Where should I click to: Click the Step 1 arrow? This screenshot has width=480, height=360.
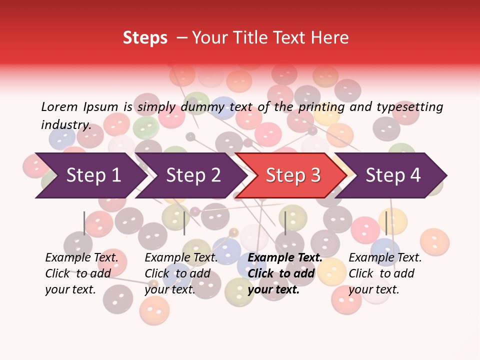[90, 175]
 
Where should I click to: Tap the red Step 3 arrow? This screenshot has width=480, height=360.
[292, 175]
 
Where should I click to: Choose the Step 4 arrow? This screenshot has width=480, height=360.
[392, 175]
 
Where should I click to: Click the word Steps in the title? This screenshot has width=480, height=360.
[145, 38]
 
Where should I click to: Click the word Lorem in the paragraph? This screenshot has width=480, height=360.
[59, 106]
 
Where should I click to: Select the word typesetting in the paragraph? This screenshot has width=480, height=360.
[409, 106]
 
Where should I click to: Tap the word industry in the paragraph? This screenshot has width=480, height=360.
[65, 125]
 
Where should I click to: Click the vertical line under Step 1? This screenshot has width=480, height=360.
[84, 223]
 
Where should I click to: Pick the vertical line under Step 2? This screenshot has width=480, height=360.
[184, 223]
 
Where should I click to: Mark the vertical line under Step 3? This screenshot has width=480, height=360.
[285, 223]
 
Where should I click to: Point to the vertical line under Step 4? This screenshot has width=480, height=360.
[386, 223]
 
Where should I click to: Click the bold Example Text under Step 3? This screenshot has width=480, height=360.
[285, 258]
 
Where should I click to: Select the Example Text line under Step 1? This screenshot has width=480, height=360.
[81, 258]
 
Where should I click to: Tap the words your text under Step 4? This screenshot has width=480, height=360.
[373, 289]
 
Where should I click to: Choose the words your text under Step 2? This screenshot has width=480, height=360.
[169, 289]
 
